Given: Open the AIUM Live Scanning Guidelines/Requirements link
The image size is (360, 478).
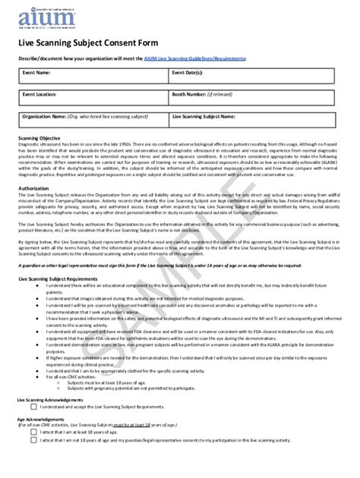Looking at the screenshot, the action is click(x=204, y=58).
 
